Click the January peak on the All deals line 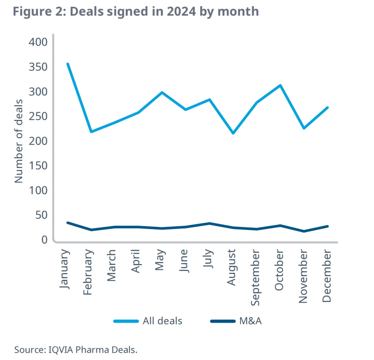(68, 64)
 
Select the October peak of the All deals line (280, 85)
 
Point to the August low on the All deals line (233, 133)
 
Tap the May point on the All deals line (162, 92)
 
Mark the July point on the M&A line (209, 223)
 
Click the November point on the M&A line (304, 231)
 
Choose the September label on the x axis (255, 278)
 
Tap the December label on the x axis (327, 276)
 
